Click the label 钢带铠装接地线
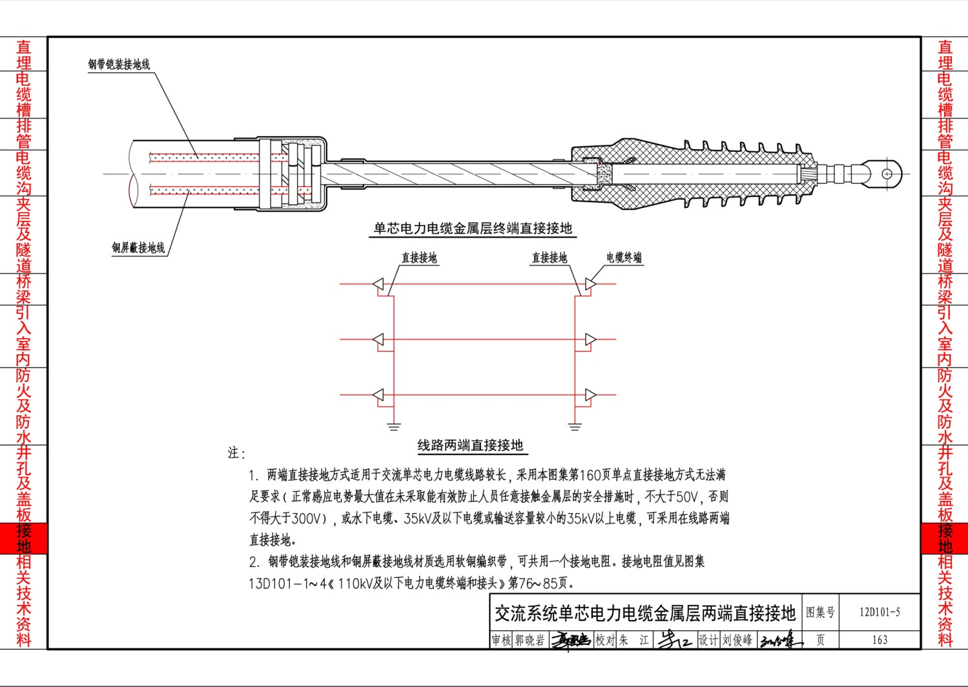119,65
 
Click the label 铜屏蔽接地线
138,247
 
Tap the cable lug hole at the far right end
887,174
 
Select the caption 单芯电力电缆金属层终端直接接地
473,228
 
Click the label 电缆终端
624,258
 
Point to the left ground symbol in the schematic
394,427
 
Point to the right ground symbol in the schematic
574,427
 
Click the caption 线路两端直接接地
471,445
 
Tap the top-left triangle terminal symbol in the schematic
378,284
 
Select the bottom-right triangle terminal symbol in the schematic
591,395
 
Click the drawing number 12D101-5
880,612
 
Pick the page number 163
880,639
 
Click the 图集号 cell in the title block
820,612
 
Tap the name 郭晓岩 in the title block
530,641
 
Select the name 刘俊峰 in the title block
737,640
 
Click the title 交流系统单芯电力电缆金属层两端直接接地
645,613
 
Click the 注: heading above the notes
236,453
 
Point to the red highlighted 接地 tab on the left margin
24,538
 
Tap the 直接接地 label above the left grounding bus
419,258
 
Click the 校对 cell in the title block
605,641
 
